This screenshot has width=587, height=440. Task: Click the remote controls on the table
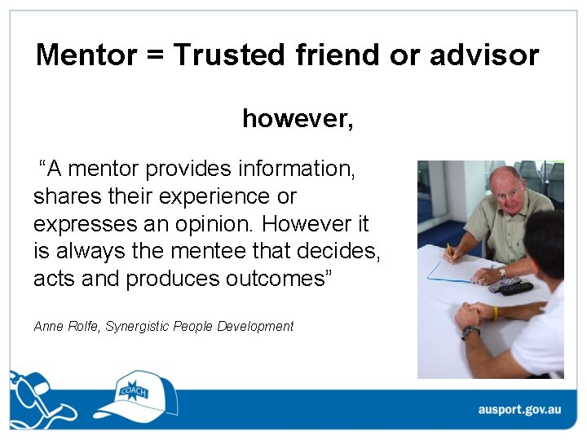(x=510, y=285)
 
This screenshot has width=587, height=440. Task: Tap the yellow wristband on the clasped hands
(x=495, y=313)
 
